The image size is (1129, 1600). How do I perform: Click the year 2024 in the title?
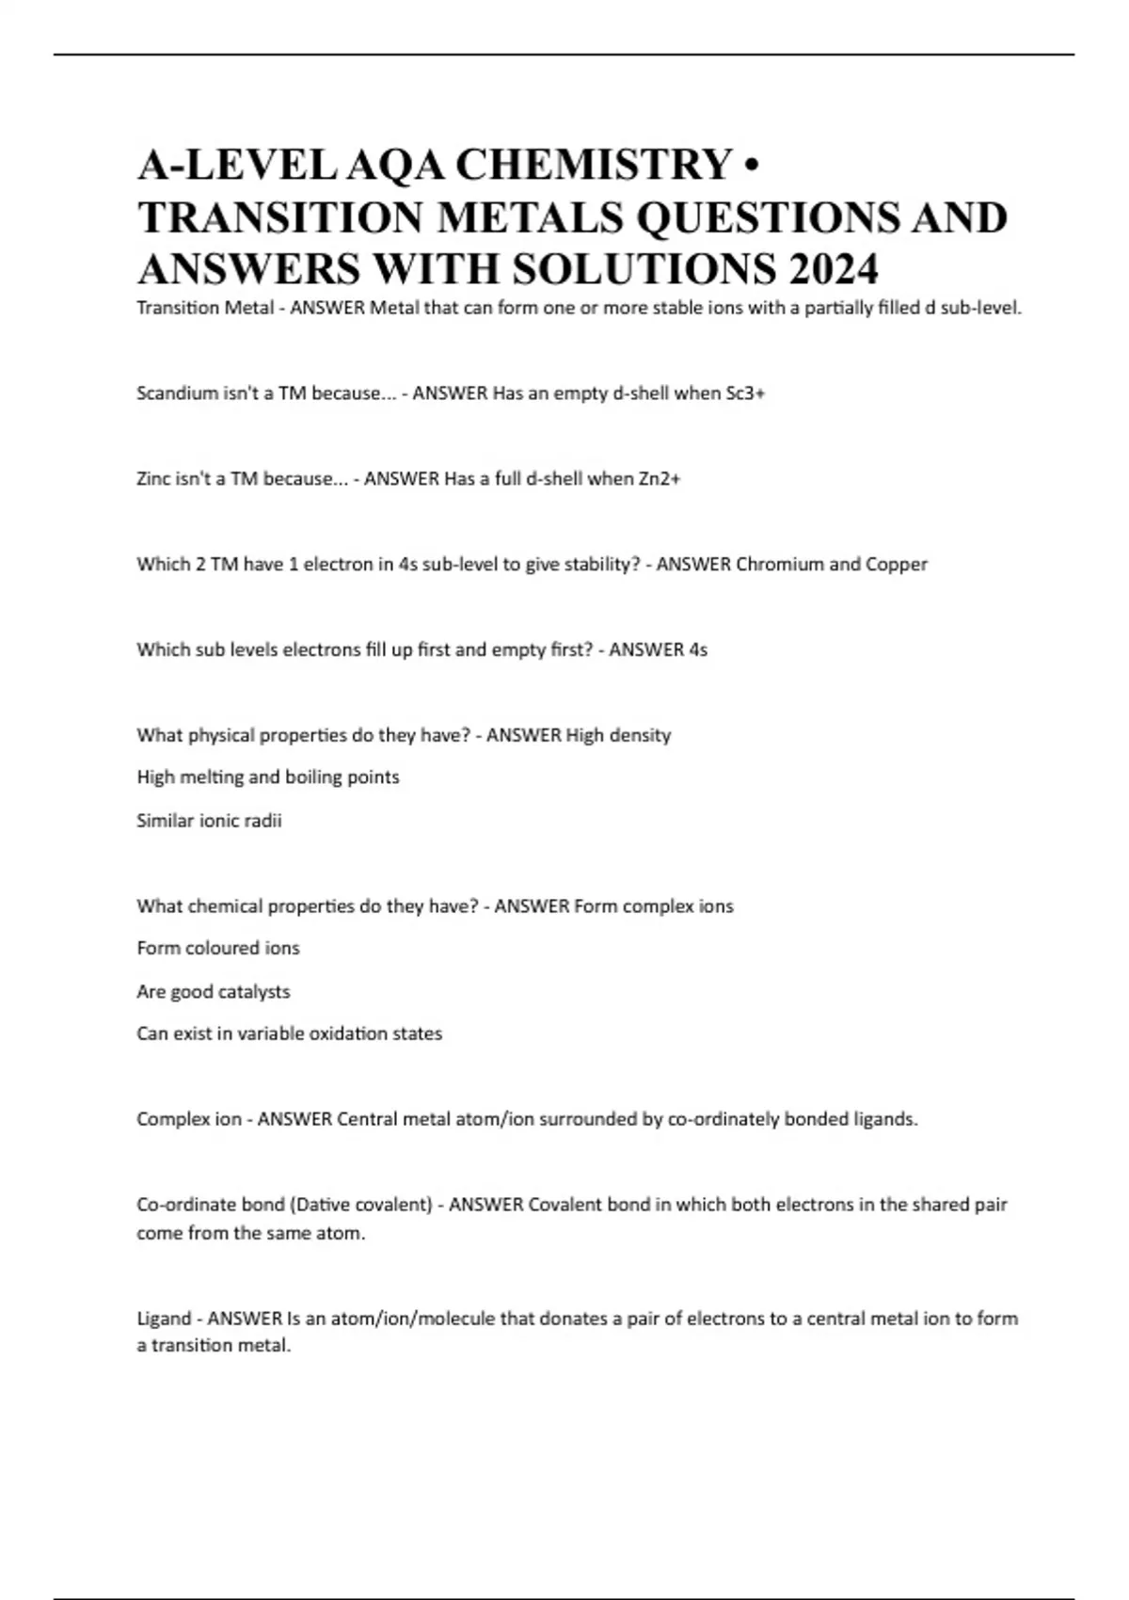pos(834,270)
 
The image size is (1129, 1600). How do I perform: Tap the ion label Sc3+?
pos(745,393)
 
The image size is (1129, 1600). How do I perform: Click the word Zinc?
pos(154,479)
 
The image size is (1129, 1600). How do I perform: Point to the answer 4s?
pos(697,650)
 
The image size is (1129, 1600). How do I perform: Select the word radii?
pos(264,821)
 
